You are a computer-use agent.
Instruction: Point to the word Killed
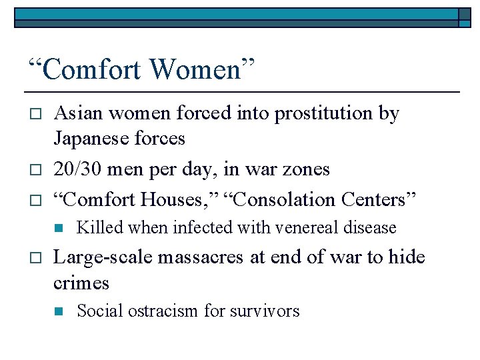pos(100,228)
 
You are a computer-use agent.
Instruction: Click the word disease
pos(372,228)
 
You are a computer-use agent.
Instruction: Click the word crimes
pos(81,283)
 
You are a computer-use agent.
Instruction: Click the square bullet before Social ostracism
pos(59,311)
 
